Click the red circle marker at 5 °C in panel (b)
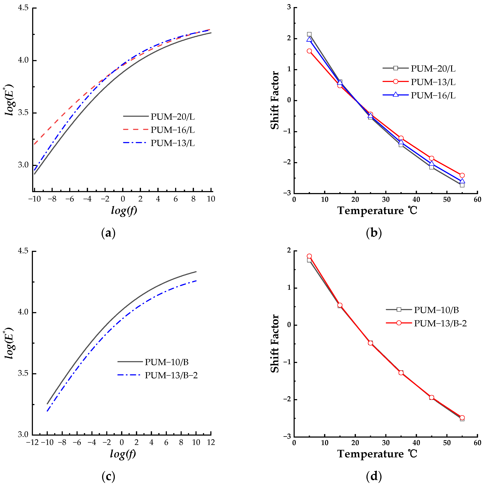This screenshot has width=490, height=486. click(309, 51)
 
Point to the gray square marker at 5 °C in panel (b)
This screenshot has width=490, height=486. click(309, 34)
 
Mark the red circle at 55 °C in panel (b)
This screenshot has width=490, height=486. click(462, 175)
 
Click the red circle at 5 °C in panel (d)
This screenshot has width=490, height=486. click(309, 256)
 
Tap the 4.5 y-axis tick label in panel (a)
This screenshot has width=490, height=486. click(23, 8)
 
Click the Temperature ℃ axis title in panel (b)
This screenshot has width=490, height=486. click(377, 211)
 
